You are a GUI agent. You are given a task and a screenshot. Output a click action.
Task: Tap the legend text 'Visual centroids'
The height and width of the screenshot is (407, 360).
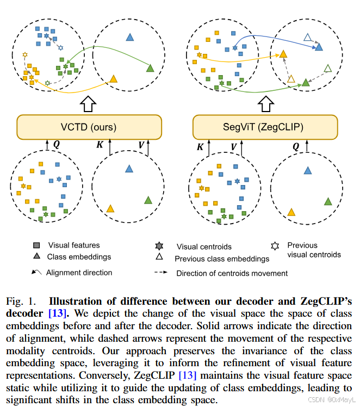(204, 246)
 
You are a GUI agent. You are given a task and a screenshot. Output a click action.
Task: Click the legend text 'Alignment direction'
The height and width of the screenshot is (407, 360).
(79, 273)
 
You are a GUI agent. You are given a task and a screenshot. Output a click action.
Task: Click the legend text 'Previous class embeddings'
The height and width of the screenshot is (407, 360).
(222, 259)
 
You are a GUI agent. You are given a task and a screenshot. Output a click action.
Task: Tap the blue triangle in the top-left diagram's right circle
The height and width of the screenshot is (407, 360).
(129, 37)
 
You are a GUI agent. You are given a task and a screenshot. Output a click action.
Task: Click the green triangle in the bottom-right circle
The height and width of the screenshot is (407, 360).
(328, 201)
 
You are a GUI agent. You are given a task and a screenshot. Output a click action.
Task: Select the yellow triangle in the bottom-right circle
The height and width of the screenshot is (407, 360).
(291, 212)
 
